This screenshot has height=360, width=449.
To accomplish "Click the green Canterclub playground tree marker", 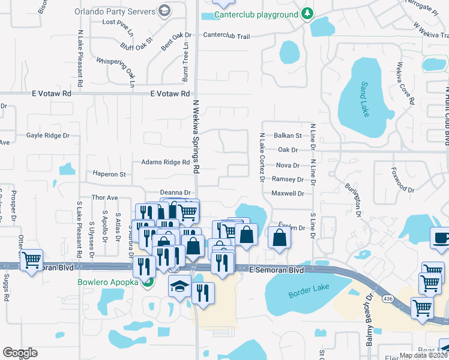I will coord(307,14).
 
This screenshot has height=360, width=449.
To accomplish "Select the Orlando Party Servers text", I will coord(114,11).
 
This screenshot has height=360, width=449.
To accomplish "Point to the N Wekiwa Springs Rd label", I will coord(195,137).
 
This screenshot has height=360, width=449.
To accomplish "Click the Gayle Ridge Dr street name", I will coord(48,136).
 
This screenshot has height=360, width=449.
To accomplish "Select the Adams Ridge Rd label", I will coord(165,162).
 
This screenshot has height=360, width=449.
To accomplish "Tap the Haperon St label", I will coord(109,174).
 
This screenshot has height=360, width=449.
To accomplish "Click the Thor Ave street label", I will coord(104,197).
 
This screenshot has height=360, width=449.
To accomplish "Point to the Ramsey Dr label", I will coord(288,179).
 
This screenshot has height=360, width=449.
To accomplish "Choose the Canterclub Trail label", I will coord(226,36).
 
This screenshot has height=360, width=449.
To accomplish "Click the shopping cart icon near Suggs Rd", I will coord(31,260).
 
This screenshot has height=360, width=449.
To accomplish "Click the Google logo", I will coord(20,353).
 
